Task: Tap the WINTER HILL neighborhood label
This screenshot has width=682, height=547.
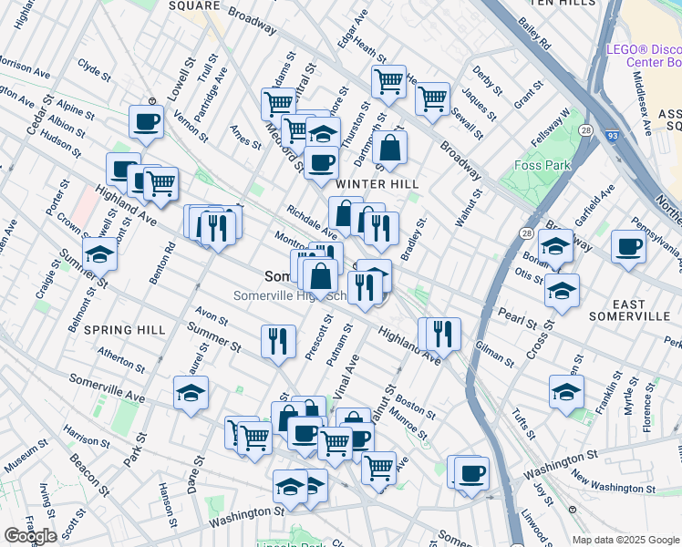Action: point(377,183)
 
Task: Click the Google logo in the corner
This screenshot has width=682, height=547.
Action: point(30,536)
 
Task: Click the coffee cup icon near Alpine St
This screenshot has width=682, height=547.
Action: point(146,121)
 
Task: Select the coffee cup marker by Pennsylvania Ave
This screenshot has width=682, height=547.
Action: point(627,246)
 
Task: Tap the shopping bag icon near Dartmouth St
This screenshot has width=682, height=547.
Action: point(389,148)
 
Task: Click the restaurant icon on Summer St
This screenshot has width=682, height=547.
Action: point(278,341)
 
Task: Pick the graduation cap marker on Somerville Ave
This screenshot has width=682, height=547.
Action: point(191,392)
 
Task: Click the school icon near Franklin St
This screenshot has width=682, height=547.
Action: point(566,392)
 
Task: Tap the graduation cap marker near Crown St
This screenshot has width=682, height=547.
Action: point(99,253)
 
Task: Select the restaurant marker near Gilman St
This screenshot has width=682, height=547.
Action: point(444,333)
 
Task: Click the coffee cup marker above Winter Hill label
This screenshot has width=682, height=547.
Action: point(320,163)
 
